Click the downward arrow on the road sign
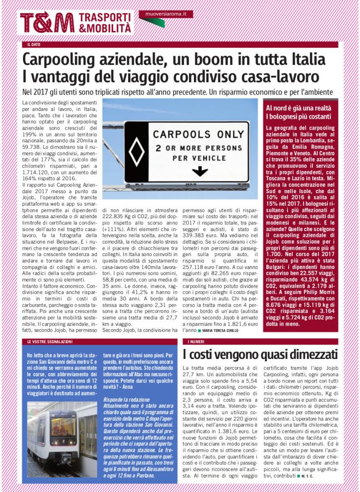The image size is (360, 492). point(196,171)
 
